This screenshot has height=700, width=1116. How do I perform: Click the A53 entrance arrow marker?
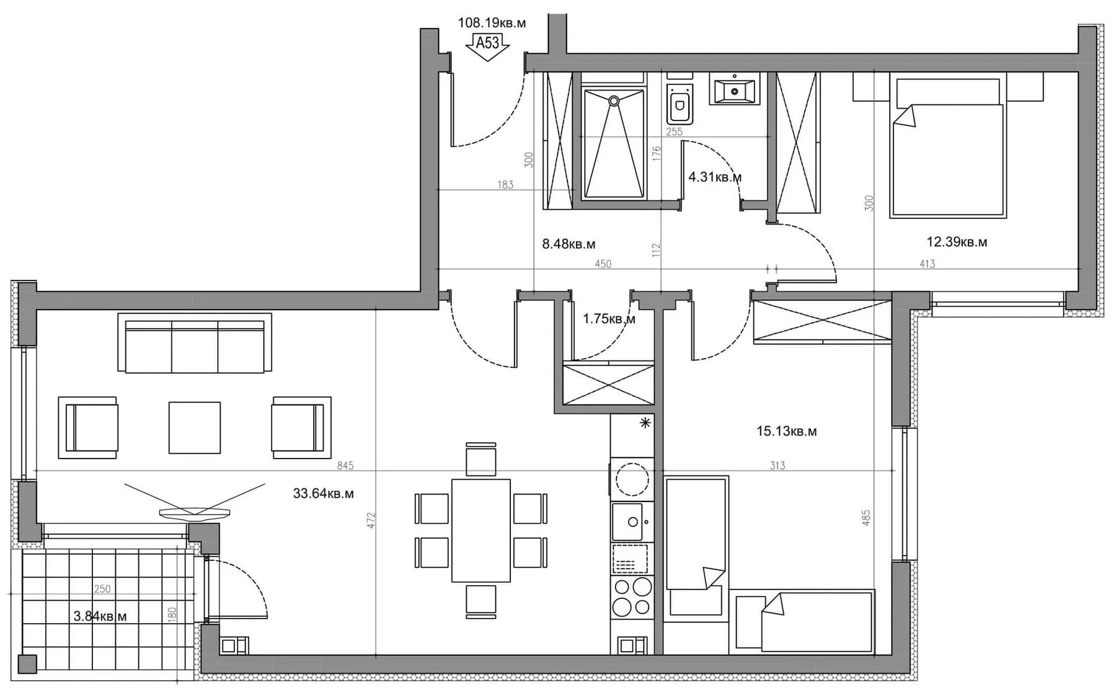pos(487,47)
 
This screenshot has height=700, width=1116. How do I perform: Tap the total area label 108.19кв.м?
pos(492,24)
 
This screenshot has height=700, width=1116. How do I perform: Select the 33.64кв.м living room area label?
pos(323,494)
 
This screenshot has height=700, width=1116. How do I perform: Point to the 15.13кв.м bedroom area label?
pos(786,431)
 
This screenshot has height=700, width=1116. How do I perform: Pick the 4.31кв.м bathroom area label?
pos(715,177)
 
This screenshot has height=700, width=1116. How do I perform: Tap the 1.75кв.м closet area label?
pos(609,319)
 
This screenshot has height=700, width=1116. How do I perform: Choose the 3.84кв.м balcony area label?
pos(100,616)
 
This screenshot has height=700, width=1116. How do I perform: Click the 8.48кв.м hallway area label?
pos(569,245)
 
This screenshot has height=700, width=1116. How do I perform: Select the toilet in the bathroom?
pos(680,102)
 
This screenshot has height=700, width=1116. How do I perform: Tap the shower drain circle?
pos(614,101)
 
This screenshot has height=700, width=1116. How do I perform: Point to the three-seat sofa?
pos(195,343)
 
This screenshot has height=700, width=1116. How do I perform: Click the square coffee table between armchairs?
pos(195,428)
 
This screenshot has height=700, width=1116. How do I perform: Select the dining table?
pos(481,530)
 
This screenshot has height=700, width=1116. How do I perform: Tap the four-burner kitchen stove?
pos(632,596)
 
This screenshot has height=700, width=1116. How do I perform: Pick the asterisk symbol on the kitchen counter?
pos(645,423)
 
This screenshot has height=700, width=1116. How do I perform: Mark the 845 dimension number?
pos(345,465)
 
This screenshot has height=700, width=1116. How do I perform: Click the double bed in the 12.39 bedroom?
pos(947,146)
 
